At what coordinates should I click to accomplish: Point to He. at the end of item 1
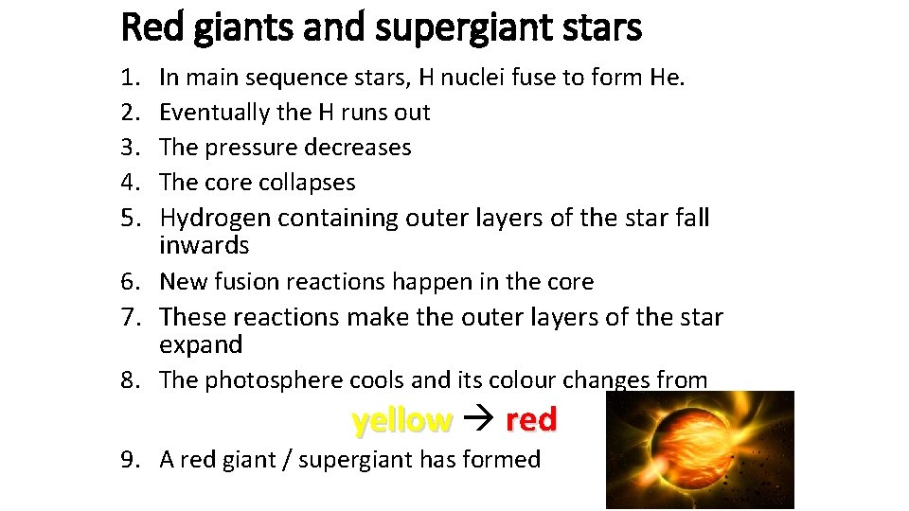click(666, 77)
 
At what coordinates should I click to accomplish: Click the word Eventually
click(215, 113)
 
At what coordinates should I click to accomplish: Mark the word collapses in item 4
click(310, 183)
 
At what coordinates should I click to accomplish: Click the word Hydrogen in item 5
click(211, 219)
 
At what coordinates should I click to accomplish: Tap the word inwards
click(204, 246)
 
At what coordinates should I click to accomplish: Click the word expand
click(201, 344)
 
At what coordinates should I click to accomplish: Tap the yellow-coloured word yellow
click(401, 420)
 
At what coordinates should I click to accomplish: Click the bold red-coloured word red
click(531, 420)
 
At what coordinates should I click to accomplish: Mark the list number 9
click(131, 460)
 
